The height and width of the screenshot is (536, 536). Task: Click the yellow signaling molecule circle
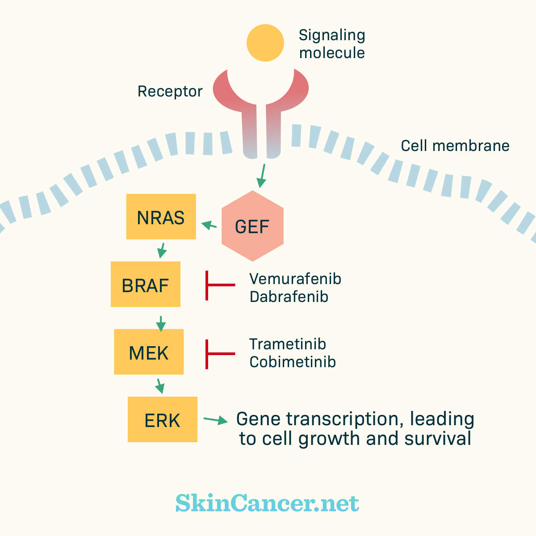click(265, 43)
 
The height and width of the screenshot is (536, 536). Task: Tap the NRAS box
click(161, 216)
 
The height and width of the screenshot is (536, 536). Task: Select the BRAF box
click(146, 284)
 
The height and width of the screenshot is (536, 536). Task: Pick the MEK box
click(149, 352)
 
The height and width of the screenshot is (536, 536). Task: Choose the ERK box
click(163, 419)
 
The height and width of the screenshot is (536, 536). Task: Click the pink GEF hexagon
click(252, 226)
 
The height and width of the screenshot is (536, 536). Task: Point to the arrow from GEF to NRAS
click(209, 225)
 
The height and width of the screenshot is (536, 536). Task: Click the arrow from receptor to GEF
click(262, 176)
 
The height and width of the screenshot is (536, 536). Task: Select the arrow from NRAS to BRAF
click(162, 251)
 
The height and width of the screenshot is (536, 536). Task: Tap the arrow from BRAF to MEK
click(161, 324)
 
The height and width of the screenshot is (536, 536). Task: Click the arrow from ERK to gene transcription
click(216, 420)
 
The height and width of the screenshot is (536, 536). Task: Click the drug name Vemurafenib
click(295, 279)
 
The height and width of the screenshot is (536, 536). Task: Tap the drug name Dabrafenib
click(289, 297)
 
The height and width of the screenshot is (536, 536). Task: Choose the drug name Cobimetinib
click(293, 362)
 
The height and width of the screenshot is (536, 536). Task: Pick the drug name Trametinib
click(288, 344)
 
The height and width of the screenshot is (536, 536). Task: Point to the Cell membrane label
click(455, 146)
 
